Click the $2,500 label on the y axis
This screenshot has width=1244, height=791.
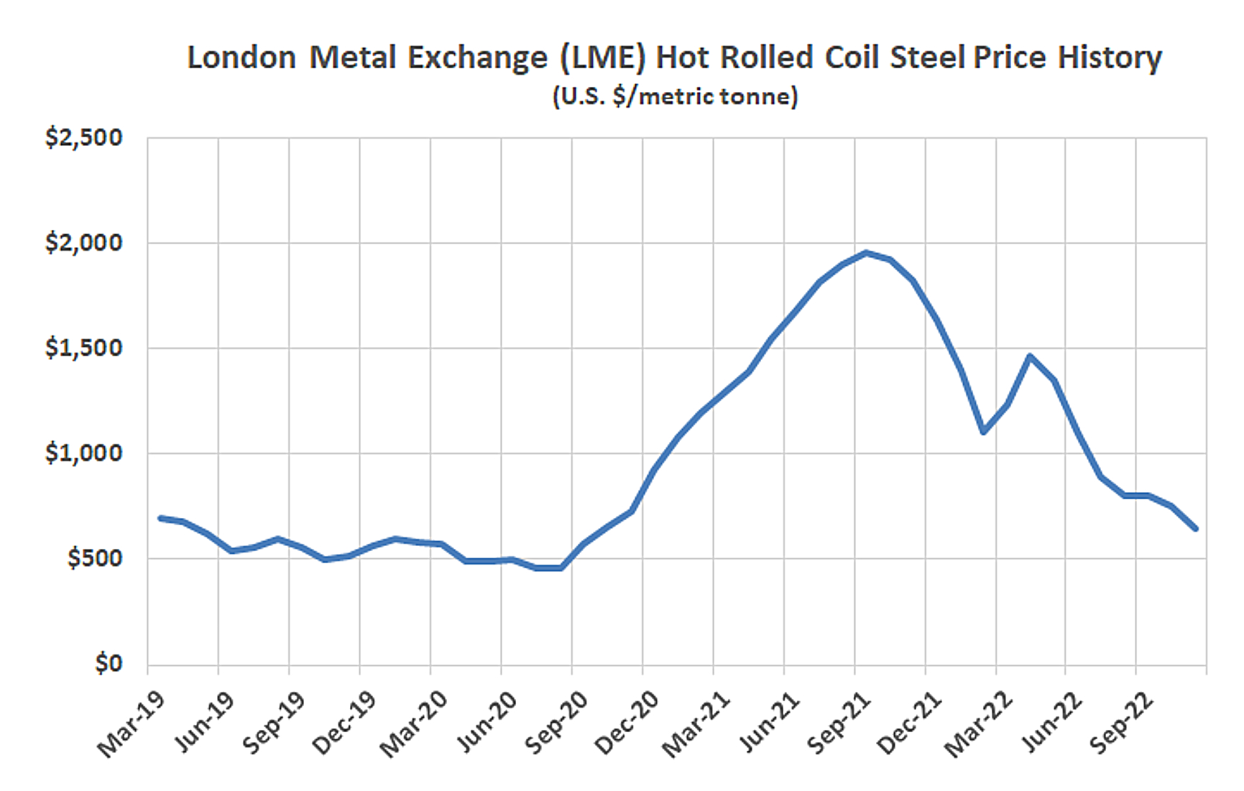pyautogui.click(x=83, y=137)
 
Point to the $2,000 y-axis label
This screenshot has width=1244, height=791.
pyautogui.click(x=83, y=243)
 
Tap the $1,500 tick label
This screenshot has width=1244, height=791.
pyautogui.click(x=83, y=348)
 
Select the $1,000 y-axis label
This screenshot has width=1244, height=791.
pyautogui.click(x=83, y=453)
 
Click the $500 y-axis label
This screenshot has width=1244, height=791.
pyautogui.click(x=94, y=558)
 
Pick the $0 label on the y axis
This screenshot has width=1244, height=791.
pyautogui.click(x=109, y=663)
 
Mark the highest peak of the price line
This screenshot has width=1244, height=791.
pyautogui.click(x=867, y=253)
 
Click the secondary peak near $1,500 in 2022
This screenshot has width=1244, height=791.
pyautogui.click(x=1030, y=356)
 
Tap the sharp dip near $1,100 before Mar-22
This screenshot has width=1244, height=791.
pyautogui.click(x=983, y=432)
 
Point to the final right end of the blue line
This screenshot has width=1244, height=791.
pyautogui.click(x=1196, y=529)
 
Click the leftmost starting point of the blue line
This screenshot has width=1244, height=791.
pyautogui.click(x=160, y=518)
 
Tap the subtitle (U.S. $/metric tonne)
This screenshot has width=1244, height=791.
pyautogui.click(x=675, y=96)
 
